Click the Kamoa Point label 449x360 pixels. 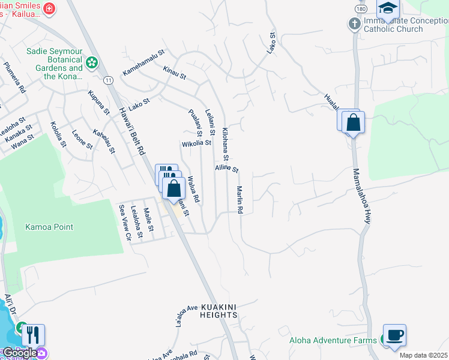(x=49, y=227)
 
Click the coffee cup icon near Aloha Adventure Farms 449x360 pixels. (x=394, y=335)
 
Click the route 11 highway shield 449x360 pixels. (x=108, y=80)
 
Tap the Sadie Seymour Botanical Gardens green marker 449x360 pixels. (x=91, y=62)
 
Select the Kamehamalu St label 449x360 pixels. (x=143, y=63)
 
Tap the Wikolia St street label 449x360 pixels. (x=196, y=143)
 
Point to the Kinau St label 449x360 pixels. (x=175, y=73)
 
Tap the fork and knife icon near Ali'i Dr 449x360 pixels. (x=34, y=335)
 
